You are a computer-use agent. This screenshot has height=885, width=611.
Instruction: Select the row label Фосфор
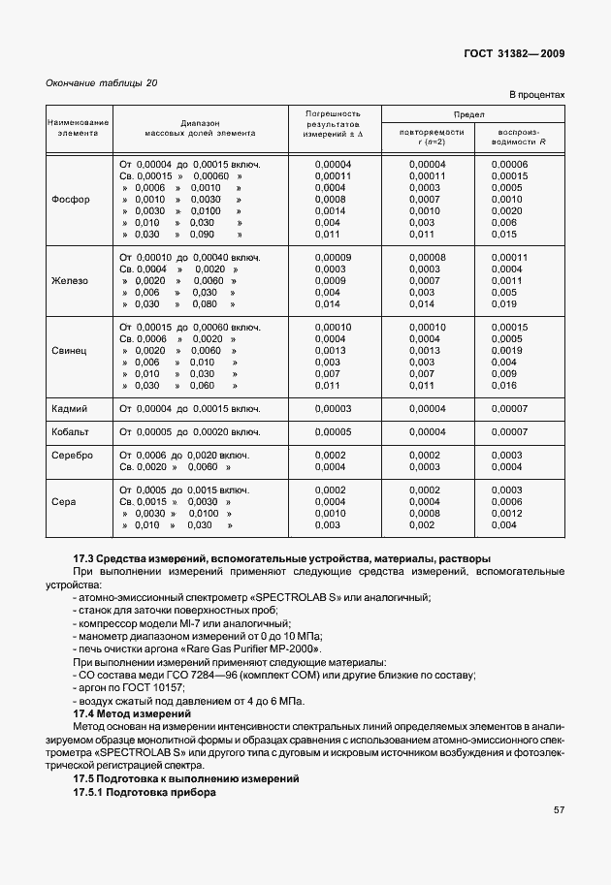(x=70, y=200)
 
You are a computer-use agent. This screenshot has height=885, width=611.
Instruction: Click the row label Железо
(x=70, y=280)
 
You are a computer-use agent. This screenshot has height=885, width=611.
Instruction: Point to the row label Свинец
(x=70, y=350)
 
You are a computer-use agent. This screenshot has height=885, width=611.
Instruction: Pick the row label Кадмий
(x=70, y=408)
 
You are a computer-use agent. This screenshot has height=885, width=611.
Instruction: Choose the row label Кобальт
(x=70, y=431)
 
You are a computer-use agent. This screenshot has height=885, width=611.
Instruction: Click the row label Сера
(x=70, y=501)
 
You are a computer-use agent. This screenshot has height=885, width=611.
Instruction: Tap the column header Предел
(x=455, y=114)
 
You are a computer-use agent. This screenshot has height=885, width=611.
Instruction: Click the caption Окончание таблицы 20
(x=102, y=82)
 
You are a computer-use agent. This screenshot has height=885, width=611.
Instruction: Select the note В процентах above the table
(x=536, y=95)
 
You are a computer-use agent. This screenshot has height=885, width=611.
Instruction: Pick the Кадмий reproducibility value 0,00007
(x=509, y=408)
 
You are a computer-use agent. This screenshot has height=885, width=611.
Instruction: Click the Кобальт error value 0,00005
(x=333, y=431)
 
